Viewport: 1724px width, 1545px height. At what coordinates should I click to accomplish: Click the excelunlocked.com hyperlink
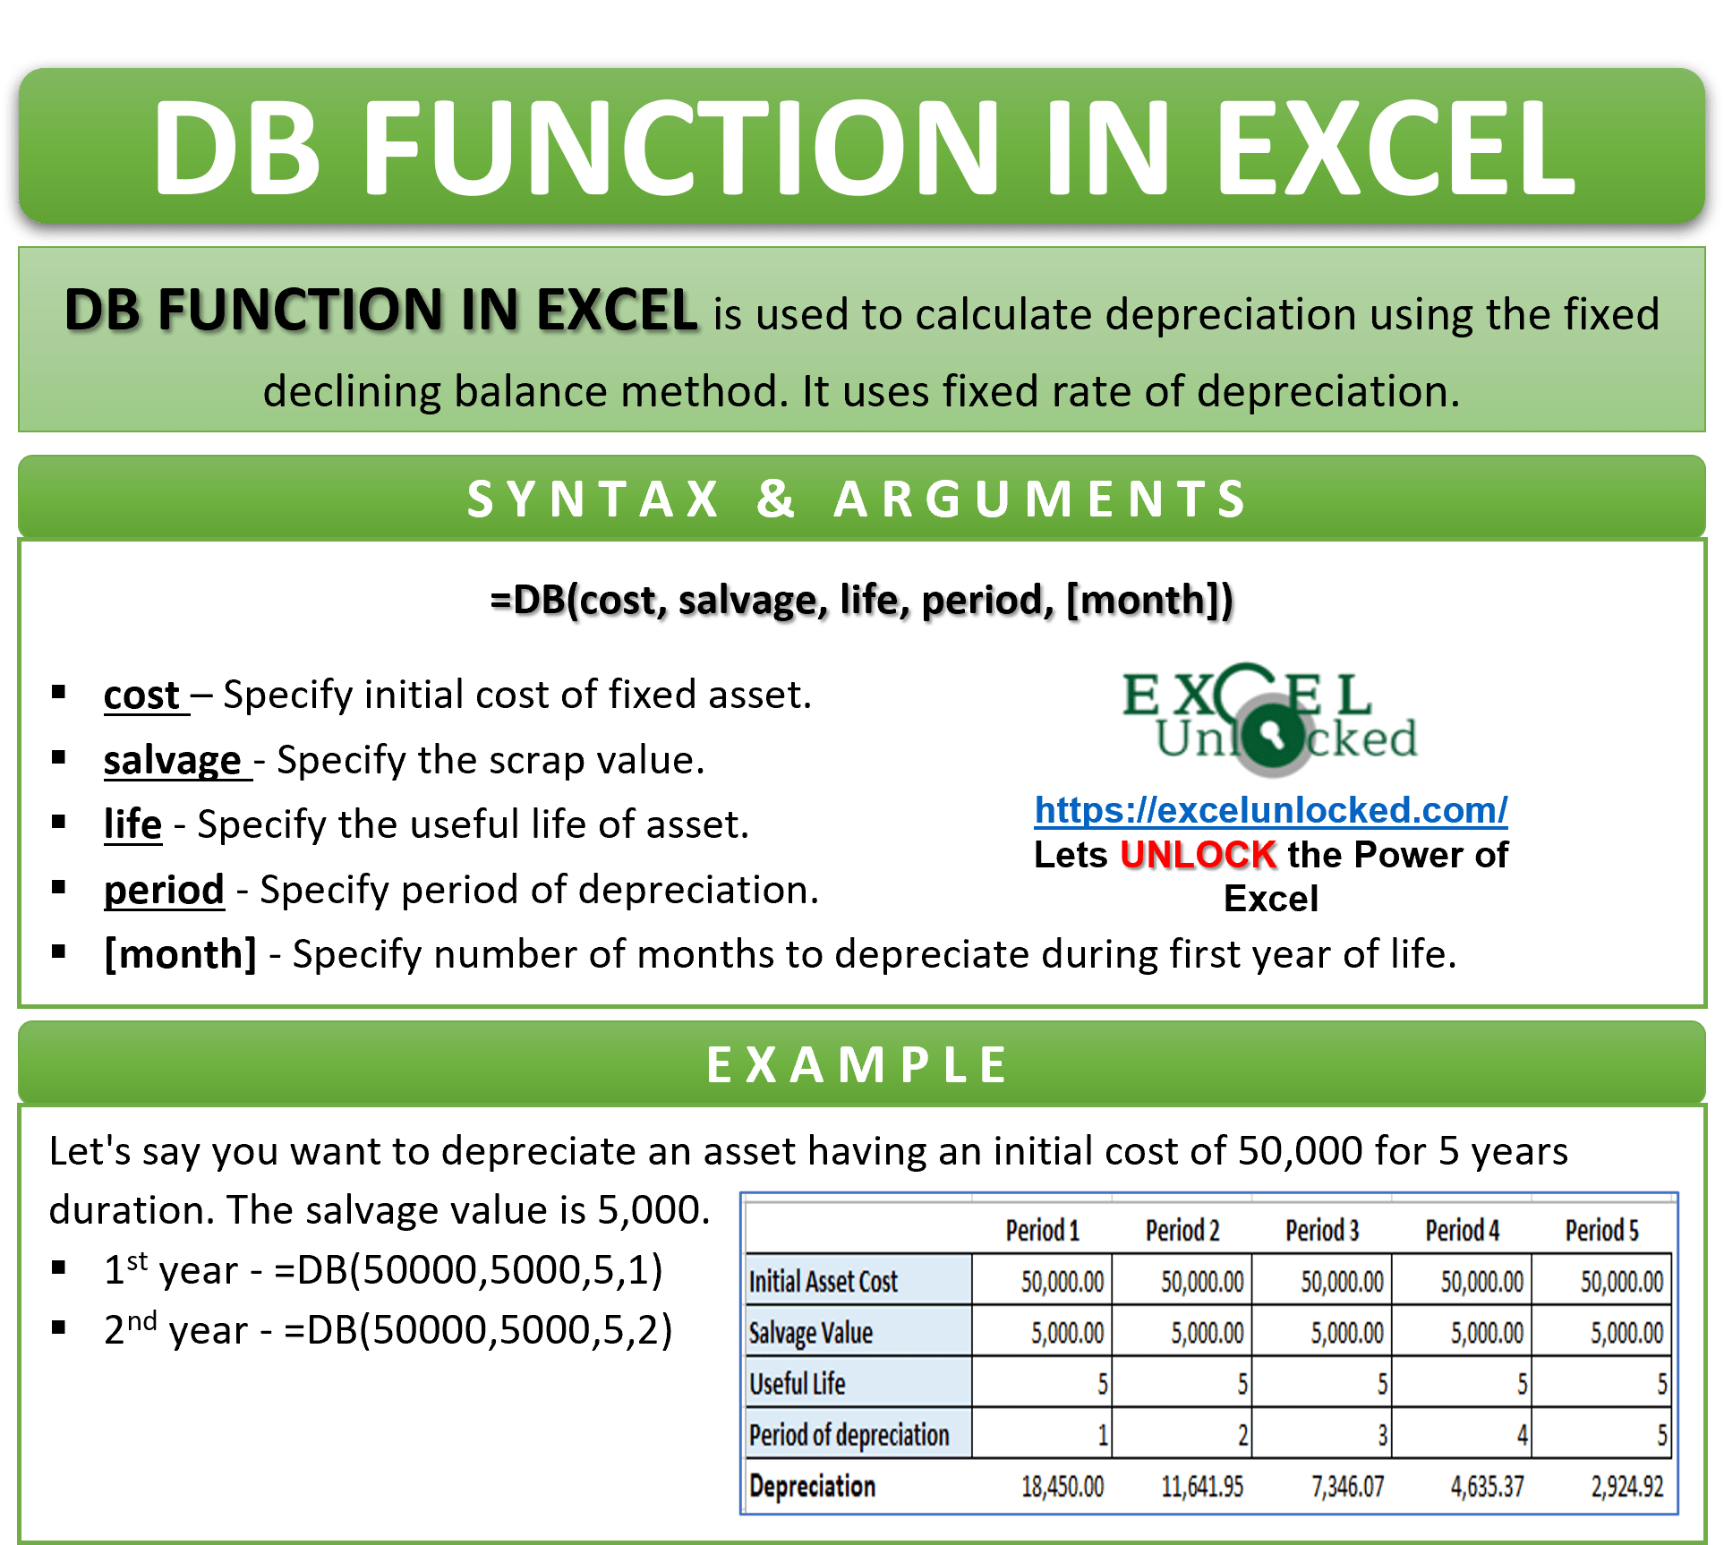(1270, 810)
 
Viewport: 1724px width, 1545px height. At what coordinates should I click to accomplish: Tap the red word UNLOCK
(1198, 855)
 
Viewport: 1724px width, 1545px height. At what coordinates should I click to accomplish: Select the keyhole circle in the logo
(1274, 736)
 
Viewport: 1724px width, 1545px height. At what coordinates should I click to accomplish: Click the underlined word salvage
(173, 761)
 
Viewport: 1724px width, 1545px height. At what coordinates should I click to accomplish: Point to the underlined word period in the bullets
(164, 890)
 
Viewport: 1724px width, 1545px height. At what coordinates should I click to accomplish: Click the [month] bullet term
(180, 954)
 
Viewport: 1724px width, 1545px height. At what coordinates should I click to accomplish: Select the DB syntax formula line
(861, 600)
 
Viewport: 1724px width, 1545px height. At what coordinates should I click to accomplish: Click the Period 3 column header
(1321, 1231)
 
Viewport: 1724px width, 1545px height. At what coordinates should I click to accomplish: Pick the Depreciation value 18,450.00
(1062, 1487)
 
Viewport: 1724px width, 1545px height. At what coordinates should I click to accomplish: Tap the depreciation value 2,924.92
(1626, 1487)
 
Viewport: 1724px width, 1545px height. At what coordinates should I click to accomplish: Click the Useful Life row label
(797, 1384)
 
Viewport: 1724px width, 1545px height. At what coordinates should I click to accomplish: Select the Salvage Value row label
(810, 1333)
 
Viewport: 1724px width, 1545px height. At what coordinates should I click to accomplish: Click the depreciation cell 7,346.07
(1347, 1487)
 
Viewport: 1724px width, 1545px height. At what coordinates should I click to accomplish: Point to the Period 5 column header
(1601, 1231)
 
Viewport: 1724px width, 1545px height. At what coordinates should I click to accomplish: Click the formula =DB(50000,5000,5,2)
(478, 1330)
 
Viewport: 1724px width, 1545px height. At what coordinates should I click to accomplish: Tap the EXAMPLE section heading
(858, 1065)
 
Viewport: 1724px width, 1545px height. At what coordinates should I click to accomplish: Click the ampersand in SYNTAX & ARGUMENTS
(775, 498)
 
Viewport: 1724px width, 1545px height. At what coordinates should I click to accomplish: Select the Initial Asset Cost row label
(823, 1282)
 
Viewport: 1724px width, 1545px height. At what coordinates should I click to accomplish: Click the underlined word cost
(142, 696)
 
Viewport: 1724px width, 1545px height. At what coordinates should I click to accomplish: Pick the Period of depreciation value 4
(1521, 1436)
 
